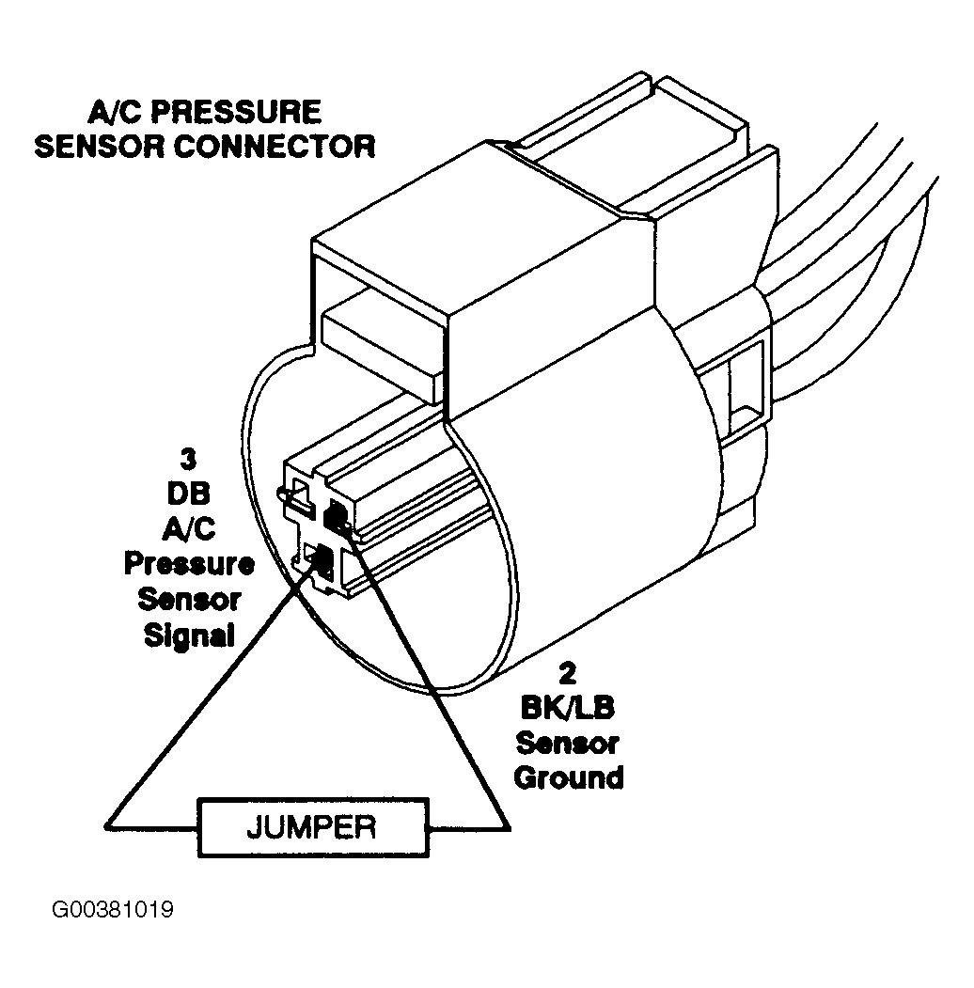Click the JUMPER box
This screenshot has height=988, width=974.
(x=313, y=827)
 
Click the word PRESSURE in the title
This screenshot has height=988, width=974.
(x=237, y=112)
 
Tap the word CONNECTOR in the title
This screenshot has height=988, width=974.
(x=275, y=147)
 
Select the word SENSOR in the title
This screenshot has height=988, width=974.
(x=101, y=147)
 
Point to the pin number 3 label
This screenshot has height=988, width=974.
(x=188, y=460)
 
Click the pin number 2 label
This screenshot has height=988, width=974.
(x=567, y=674)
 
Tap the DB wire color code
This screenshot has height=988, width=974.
(x=188, y=494)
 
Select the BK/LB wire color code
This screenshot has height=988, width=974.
(x=568, y=709)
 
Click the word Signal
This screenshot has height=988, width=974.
(x=189, y=635)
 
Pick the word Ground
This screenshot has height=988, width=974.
(x=568, y=777)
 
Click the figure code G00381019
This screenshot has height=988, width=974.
(x=113, y=910)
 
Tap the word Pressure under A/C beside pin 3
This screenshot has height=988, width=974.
(x=189, y=563)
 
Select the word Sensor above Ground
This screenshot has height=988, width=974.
(x=567, y=743)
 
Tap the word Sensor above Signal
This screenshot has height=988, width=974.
(x=189, y=599)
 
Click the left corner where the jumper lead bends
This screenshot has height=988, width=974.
(x=106, y=825)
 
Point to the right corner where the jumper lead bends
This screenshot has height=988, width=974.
(x=508, y=828)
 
